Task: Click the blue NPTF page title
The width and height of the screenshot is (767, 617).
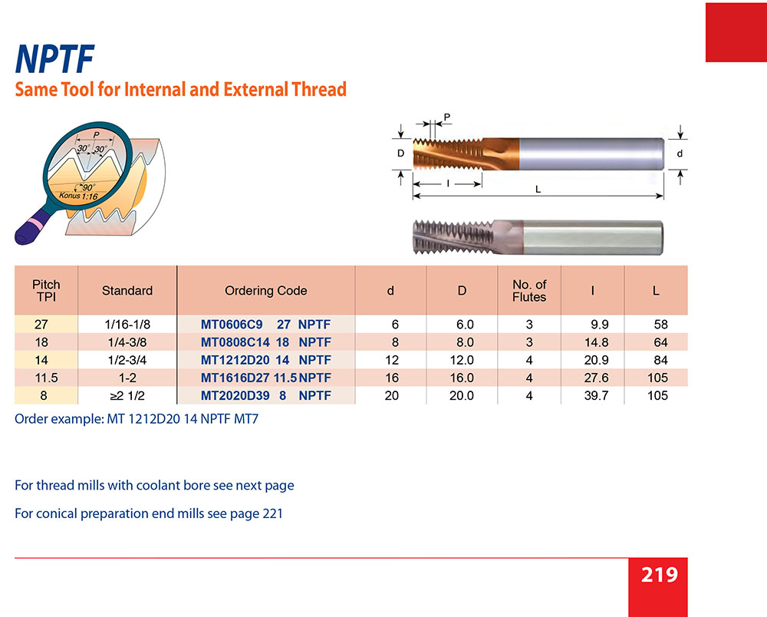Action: click(54, 59)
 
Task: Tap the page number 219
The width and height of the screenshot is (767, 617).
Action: click(660, 575)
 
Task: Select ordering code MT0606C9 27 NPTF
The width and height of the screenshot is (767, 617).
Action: click(265, 325)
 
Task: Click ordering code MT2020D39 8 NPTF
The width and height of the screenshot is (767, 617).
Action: click(265, 396)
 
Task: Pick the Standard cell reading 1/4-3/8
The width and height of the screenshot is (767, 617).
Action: click(127, 342)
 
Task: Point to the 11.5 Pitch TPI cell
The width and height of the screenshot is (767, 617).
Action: click(46, 378)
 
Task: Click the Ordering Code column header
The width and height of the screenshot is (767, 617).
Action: click(265, 291)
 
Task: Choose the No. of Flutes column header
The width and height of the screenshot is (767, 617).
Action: click(528, 291)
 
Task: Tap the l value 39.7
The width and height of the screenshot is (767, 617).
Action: click(596, 396)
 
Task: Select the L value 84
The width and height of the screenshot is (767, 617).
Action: click(660, 360)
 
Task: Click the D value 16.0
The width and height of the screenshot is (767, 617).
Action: click(462, 378)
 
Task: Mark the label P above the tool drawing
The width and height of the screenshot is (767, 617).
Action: click(446, 117)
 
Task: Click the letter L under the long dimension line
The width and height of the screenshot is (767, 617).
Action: click(538, 190)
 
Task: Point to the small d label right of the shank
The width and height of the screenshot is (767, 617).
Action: click(680, 153)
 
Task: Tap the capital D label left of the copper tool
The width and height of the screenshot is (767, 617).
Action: click(400, 153)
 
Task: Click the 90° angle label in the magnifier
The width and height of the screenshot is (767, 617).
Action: click(87, 187)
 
